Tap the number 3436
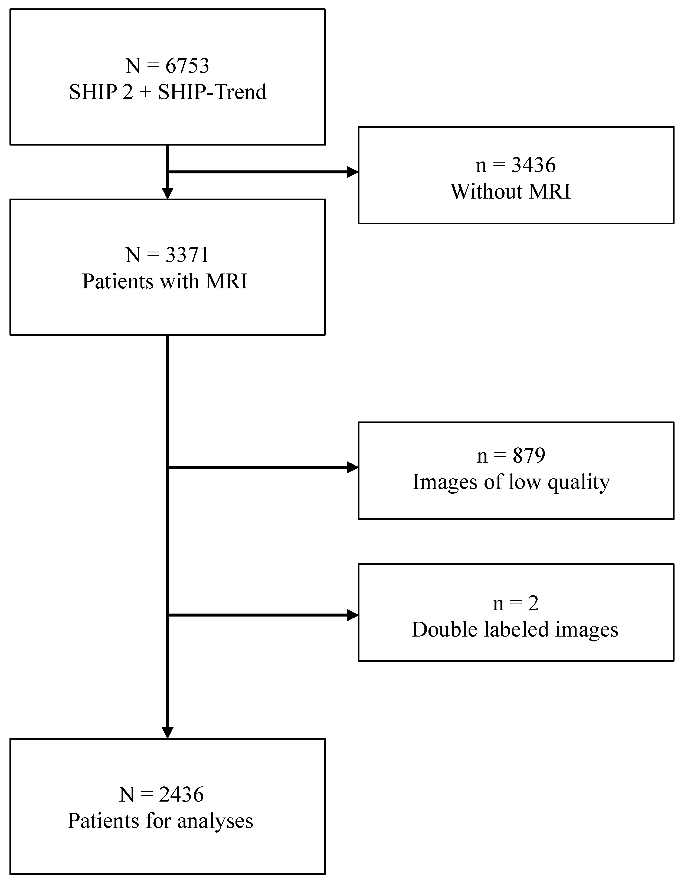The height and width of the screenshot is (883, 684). tap(534, 165)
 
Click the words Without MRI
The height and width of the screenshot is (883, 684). tap(510, 191)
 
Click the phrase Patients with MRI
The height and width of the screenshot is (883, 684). tap(165, 281)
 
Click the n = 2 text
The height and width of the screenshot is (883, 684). tap(516, 604)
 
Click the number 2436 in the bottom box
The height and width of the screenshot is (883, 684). tap(181, 795)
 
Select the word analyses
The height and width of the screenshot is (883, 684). tap(215, 821)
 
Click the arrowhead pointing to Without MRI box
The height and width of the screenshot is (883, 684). tap(352, 172)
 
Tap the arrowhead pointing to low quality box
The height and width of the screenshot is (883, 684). tap(352, 468)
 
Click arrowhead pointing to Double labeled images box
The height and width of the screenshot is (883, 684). tap(352, 615)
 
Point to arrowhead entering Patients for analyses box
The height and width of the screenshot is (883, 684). tap(168, 733)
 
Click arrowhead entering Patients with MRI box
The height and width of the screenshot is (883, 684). tap(168, 193)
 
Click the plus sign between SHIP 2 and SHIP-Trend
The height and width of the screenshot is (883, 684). tap(145, 92)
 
